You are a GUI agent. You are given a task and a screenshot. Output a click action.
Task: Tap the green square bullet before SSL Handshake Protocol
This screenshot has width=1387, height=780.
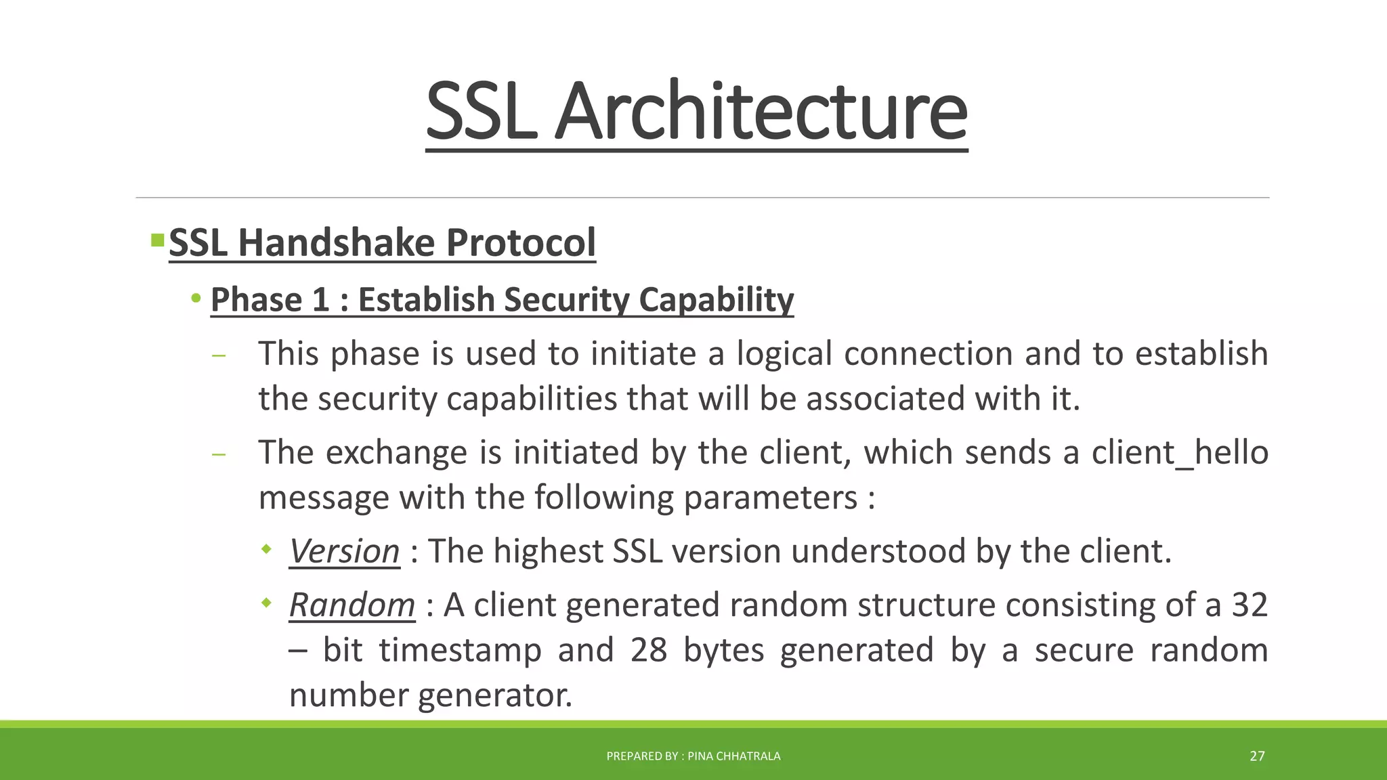(157, 240)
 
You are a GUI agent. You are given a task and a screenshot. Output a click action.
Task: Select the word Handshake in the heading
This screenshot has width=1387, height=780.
(336, 242)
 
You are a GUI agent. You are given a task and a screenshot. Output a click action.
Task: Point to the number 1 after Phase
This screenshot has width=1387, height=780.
(321, 299)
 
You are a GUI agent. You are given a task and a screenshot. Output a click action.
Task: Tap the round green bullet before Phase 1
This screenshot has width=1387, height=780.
(196, 299)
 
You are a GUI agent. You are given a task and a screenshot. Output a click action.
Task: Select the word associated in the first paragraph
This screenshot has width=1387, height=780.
(884, 398)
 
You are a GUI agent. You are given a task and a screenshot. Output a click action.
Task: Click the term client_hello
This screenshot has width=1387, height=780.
(1180, 452)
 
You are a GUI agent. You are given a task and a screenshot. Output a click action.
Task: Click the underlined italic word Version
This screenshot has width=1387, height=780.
(344, 551)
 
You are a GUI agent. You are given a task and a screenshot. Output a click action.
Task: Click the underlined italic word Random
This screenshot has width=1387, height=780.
(351, 605)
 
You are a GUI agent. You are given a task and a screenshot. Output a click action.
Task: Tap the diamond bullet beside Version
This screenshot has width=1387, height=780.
(266, 548)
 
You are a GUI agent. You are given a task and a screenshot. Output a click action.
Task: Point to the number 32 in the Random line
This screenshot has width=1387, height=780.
(1249, 605)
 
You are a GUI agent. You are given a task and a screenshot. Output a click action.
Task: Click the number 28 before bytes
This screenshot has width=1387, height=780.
(649, 650)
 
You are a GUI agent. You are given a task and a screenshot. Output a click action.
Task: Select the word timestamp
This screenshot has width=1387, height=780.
(460, 650)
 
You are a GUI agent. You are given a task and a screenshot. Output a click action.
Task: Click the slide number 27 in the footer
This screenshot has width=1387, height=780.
(1257, 756)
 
